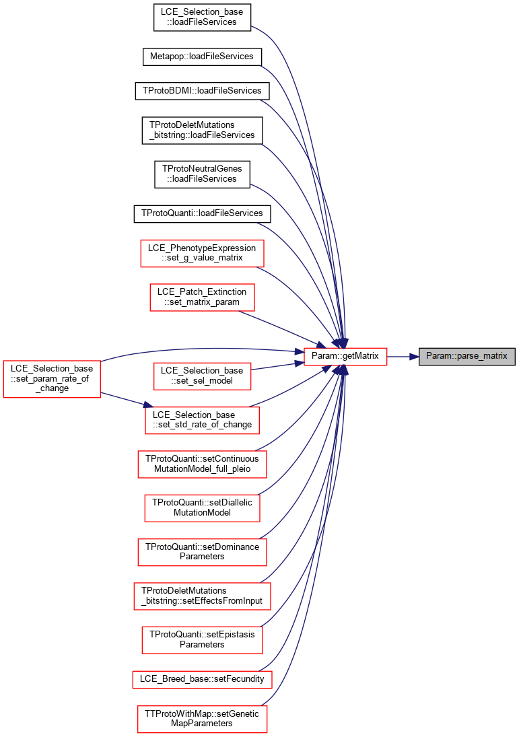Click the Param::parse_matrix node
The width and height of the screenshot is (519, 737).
(466, 356)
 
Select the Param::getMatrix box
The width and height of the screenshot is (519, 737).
(345, 356)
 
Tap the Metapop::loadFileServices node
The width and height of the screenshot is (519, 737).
(202, 57)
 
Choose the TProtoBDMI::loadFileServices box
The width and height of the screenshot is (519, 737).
(202, 91)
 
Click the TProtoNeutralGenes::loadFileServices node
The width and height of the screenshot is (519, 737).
(202, 174)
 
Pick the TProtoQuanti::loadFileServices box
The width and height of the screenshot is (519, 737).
(202, 213)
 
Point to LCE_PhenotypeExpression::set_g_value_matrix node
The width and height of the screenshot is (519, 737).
(202, 253)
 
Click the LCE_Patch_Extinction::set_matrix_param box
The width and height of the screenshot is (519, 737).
(202, 297)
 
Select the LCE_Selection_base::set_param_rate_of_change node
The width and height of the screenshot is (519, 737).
(52, 378)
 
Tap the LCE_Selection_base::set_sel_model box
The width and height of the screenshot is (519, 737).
(202, 376)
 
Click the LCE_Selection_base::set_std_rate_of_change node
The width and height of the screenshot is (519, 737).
(202, 420)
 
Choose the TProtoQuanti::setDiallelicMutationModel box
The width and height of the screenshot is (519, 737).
(202, 507)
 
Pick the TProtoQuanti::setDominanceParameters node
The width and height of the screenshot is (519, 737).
(202, 552)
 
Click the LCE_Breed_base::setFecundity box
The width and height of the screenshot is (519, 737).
(202, 679)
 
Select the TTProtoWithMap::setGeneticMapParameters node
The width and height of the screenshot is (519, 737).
(202, 719)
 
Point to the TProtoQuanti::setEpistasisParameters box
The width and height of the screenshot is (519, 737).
(202, 639)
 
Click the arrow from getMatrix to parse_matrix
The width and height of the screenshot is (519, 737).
(403, 357)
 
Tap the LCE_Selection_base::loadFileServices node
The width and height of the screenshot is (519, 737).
(202, 17)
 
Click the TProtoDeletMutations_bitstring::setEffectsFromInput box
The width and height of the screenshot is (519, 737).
(202, 596)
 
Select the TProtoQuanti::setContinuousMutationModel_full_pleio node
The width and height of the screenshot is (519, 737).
(202, 464)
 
